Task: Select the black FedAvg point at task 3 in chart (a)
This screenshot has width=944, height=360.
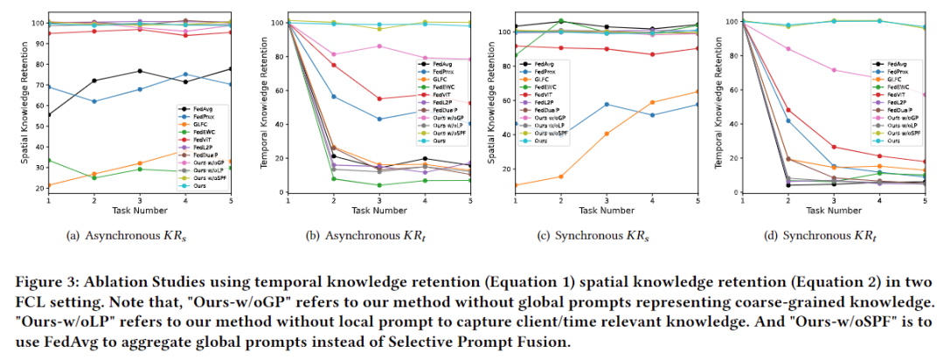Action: coord(140,71)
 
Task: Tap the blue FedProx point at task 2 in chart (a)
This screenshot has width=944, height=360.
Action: coord(94,101)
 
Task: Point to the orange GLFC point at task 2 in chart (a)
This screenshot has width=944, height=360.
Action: coord(94,174)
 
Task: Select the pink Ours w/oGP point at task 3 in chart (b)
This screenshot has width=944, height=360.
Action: coord(378,45)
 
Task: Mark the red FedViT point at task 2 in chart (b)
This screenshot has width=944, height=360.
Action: coord(333,65)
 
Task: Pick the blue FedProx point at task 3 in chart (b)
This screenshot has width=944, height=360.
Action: coord(378,119)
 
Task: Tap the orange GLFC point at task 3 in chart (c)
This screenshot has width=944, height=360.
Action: coord(607,134)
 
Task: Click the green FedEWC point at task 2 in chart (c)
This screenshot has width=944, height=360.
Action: coord(561,21)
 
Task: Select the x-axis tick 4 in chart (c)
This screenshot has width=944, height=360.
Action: coord(652,201)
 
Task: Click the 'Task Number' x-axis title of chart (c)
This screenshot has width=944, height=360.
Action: coord(607,211)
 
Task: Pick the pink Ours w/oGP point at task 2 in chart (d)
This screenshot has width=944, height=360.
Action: coord(788,49)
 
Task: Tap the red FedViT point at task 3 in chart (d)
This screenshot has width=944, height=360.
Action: coord(834,147)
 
